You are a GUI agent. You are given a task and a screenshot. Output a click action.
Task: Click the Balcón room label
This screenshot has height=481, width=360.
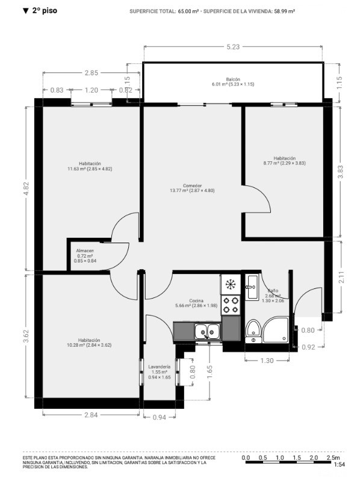(233, 79)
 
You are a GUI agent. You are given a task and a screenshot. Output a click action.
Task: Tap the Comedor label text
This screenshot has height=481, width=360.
(192, 185)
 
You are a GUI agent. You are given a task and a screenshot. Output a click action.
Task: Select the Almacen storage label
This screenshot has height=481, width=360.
(85, 250)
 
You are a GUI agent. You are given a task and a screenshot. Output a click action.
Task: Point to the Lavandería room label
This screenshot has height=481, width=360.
(159, 367)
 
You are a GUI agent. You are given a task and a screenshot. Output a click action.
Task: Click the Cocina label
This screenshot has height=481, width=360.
(196, 300)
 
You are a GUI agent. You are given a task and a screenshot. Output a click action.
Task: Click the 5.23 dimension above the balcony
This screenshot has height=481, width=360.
(233, 47)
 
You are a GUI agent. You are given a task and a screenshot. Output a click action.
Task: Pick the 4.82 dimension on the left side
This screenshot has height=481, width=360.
(26, 188)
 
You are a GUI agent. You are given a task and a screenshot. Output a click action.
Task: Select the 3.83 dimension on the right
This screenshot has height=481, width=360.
(340, 172)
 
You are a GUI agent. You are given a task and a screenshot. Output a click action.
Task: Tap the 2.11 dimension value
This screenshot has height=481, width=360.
(341, 277)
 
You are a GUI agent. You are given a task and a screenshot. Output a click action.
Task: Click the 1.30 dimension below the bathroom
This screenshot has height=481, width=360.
(267, 361)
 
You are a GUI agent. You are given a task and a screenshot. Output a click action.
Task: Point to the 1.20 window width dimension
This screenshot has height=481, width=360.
(92, 90)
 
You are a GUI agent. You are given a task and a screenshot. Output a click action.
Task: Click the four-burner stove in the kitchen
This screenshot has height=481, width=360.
(231, 305)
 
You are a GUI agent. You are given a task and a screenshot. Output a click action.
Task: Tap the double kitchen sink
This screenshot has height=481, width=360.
(207, 332)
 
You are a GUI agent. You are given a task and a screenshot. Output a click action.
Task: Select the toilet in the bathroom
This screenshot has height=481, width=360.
(253, 331)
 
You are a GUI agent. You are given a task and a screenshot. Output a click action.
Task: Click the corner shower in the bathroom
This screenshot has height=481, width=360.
(276, 330)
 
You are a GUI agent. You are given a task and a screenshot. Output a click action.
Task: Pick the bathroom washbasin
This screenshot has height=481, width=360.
(252, 287)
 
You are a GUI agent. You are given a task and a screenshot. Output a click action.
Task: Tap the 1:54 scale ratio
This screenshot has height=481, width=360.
(339, 464)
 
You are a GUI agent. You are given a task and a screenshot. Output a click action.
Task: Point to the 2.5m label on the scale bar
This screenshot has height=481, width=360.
(333, 458)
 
